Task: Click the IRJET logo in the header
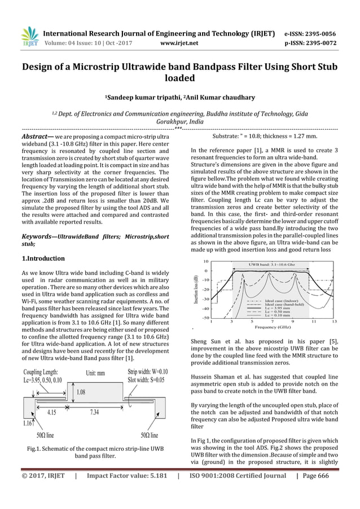(x=28, y=37)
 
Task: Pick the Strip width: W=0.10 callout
(x=147, y=372)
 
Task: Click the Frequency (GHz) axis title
(x=273, y=327)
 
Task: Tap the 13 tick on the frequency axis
(x=334, y=321)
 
